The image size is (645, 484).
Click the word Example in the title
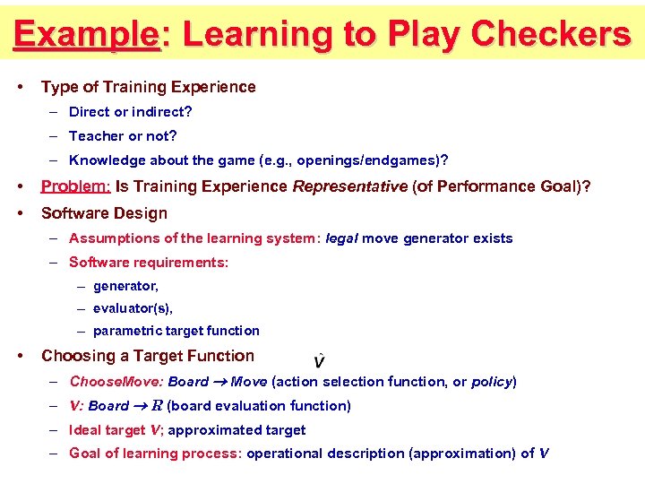point(86,34)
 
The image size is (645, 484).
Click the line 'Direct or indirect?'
point(131,112)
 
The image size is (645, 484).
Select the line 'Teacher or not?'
point(123,136)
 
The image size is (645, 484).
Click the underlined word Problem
point(75,187)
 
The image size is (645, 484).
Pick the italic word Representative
point(350,187)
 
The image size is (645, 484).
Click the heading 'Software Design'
point(104,213)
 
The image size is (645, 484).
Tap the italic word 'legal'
point(341,238)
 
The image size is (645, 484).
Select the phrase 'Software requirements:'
point(149,263)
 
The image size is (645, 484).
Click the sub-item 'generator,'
point(125,286)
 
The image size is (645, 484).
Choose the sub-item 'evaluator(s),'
point(133,308)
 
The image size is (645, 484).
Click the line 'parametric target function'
point(176,331)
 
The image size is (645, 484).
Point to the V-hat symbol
point(320,361)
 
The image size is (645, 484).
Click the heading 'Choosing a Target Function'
point(148,356)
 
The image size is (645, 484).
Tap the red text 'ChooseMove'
point(116,382)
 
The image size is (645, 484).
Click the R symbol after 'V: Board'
point(157,406)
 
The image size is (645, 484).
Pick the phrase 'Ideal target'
point(107,430)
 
